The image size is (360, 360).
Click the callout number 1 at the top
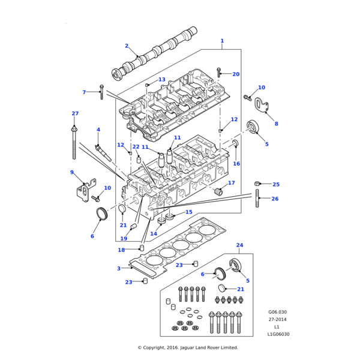coord(222,41)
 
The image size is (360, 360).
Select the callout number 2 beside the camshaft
coord(127,46)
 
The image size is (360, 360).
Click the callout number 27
coord(75,113)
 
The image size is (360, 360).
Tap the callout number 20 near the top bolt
coord(236,74)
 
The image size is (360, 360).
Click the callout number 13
coord(161,80)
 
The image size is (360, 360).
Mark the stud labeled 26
coord(257,199)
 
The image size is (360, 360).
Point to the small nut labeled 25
coord(257,184)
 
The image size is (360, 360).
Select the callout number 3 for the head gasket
coord(119,268)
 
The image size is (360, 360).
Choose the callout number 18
coord(121,250)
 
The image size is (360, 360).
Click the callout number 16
coord(236,164)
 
